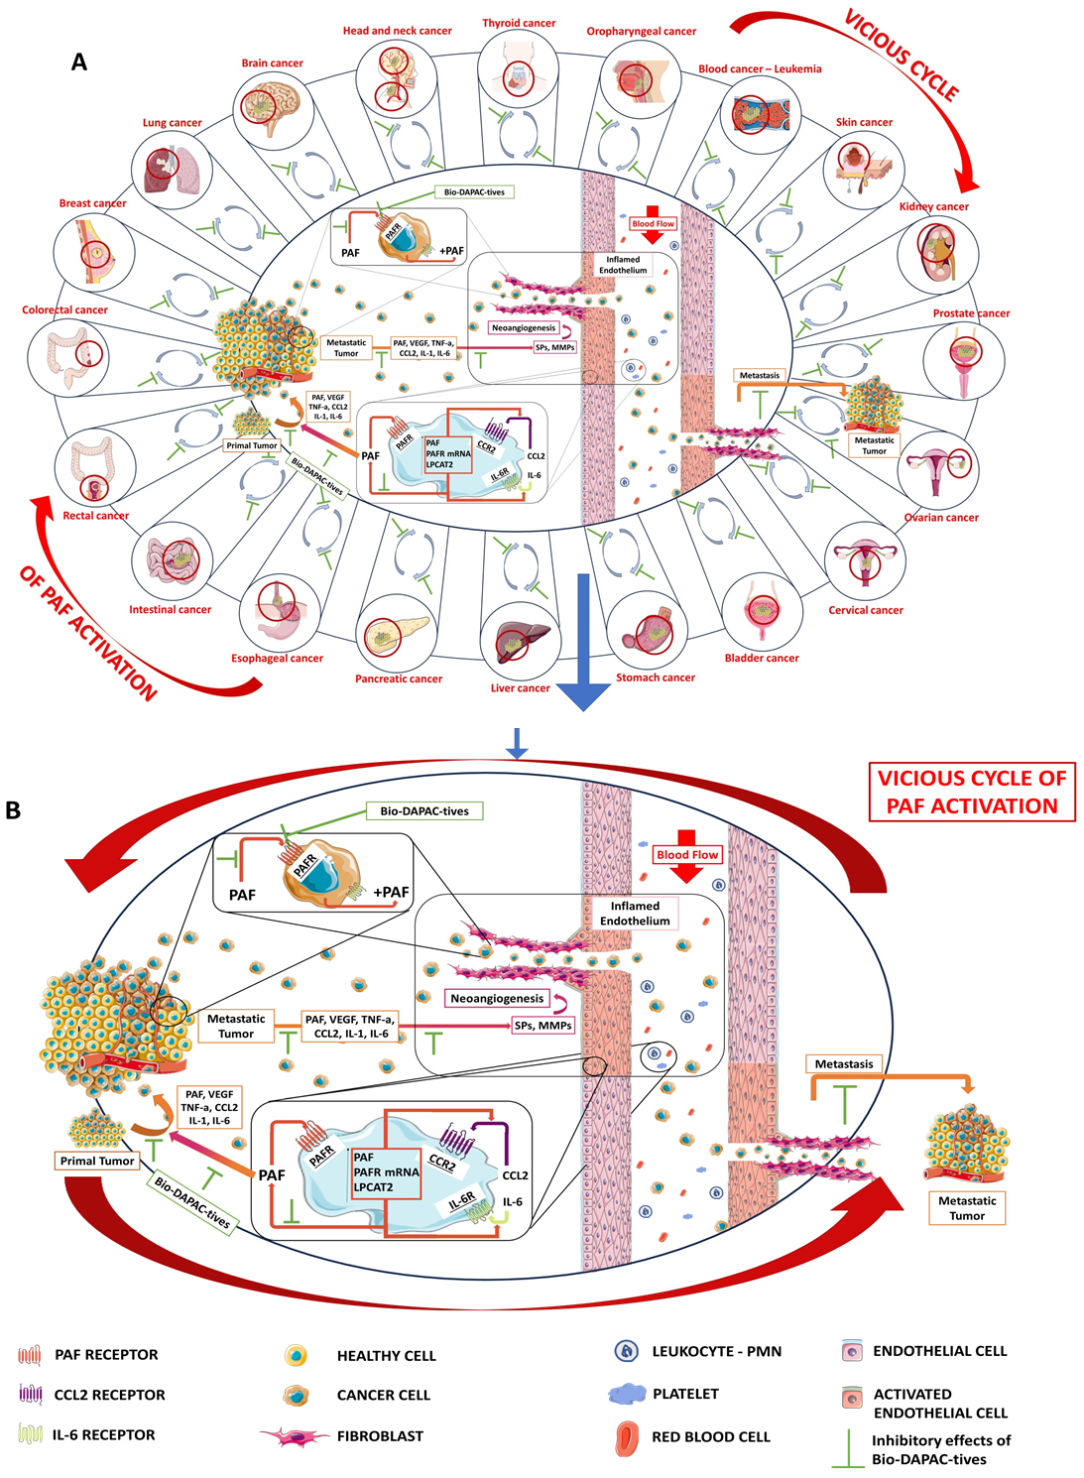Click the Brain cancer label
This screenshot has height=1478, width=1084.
tap(272, 63)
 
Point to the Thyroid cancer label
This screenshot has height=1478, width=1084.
tap(519, 24)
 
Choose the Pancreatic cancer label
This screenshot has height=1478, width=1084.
tap(399, 679)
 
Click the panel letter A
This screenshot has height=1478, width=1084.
tap(79, 62)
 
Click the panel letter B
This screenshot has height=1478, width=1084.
tap(13, 810)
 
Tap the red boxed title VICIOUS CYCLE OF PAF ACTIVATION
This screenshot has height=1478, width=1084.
tap(972, 792)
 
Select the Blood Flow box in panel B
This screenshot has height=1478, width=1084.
tap(687, 854)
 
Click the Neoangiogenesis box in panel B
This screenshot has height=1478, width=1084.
tap(497, 998)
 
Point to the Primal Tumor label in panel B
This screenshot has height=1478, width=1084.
tap(97, 1161)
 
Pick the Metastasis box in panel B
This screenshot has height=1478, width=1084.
tap(844, 1064)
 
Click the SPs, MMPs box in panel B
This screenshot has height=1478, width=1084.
tap(543, 1026)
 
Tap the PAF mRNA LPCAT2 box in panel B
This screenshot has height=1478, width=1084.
tap(386, 1172)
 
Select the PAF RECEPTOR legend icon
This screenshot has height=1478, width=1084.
tap(30, 1355)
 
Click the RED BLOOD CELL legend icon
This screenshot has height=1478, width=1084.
tap(627, 1438)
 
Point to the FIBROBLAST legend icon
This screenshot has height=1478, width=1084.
tap(295, 1436)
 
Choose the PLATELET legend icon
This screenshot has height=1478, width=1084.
tap(627, 1394)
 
